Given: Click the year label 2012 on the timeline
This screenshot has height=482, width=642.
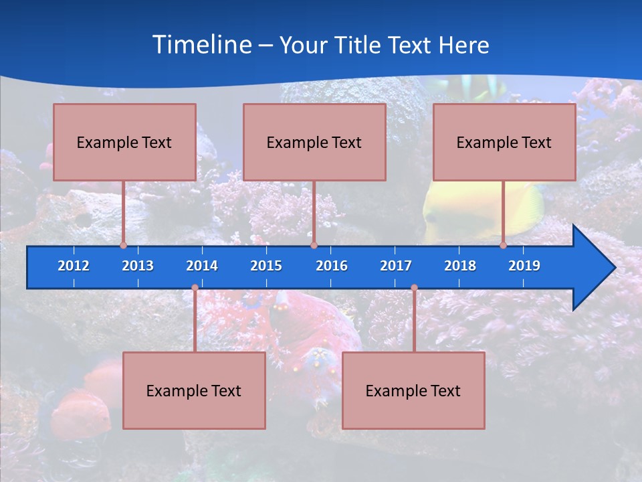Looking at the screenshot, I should coord(74,266).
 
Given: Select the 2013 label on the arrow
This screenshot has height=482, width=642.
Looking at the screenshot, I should coord(138,266).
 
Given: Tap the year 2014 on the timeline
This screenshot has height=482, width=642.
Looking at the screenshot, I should coord(202,266).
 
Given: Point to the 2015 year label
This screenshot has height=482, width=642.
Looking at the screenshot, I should coord(266,266).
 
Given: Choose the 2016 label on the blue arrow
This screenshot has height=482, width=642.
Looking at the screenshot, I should coord(332,266).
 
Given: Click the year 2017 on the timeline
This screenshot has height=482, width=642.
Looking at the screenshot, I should coord(396,266).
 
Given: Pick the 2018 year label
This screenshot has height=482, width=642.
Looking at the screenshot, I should coord(460,266).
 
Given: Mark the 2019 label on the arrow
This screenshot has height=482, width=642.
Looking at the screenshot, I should coord(524,266).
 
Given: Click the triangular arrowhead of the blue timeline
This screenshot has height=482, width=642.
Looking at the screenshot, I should coord(592,268).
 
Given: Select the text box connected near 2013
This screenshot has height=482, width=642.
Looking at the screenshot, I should coord(124,142).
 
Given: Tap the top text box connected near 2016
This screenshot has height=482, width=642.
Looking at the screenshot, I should coord(314,142).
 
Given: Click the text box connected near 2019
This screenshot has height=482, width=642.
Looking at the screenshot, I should coord(504,142).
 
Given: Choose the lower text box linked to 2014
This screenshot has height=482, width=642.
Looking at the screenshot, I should coord(194,390).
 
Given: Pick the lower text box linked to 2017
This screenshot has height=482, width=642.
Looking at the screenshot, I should coord(413,390).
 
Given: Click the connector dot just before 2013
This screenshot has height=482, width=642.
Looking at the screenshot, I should coord(123,245).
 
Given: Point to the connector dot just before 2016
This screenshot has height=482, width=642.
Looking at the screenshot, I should coord(314,245).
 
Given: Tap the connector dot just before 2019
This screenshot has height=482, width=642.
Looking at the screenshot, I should coord(503,245).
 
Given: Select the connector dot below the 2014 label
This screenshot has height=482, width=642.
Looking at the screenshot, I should coord(195,288).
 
